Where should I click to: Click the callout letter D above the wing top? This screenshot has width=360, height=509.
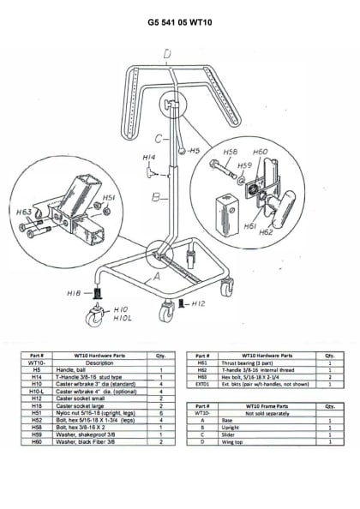click(166, 55)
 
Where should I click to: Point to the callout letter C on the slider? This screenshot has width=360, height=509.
click(159, 138)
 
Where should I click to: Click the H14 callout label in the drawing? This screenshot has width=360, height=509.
click(148, 158)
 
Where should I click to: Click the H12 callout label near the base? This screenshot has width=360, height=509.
click(197, 303)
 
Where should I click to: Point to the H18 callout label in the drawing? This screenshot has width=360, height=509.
click(75, 292)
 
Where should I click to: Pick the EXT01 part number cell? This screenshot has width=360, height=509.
click(202, 386)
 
